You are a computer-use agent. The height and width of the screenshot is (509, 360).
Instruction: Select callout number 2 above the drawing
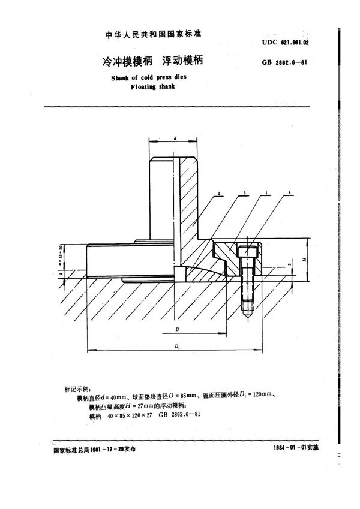(x=220, y=194)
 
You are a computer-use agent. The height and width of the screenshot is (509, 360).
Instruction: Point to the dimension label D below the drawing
(x=178, y=330)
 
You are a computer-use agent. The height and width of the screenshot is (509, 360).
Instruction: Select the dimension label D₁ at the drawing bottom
(x=178, y=347)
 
